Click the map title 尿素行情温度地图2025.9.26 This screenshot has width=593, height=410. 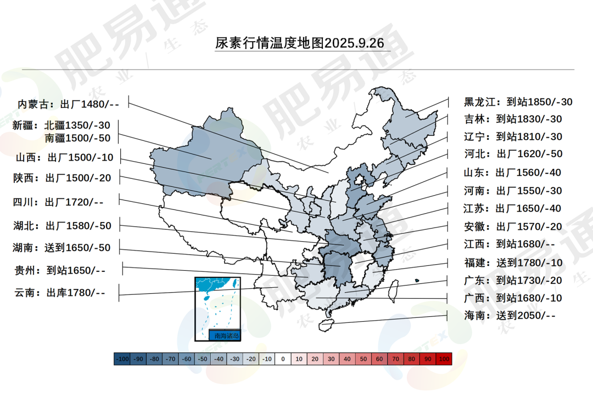[299, 43]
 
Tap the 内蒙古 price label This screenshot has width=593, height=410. [68, 104]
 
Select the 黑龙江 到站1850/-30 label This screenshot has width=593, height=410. [518, 102]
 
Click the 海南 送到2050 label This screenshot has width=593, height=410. [510, 315]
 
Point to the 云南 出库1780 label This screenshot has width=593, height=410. [59, 292]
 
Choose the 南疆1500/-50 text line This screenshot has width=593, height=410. [77, 138]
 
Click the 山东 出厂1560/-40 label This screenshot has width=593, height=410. [512, 173]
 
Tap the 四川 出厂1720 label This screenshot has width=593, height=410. [58, 202]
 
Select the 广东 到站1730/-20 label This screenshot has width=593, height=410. [513, 280]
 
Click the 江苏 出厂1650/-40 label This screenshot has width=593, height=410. [512, 208]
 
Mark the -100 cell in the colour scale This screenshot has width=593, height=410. [122, 359]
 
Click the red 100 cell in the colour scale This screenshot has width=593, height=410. [444, 359]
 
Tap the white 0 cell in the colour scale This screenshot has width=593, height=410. [283, 359]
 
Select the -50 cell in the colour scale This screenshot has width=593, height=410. [203, 359]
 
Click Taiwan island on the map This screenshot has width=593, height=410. [393, 290]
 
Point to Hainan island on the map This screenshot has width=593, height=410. [327, 324]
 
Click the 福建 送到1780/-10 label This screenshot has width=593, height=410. [513, 263]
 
